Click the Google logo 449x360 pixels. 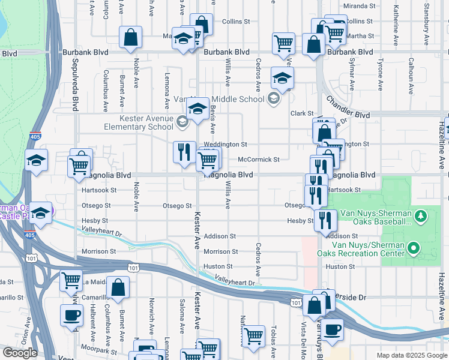(x=20, y=353)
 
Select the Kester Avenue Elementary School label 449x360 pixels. (x=139, y=123)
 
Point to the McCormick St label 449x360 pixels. (x=259, y=160)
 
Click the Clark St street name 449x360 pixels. (x=303, y=113)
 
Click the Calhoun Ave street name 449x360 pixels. (x=411, y=79)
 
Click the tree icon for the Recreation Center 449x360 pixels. (x=413, y=247)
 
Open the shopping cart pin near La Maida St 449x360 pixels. (x=71, y=280)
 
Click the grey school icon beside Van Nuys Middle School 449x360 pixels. (x=274, y=98)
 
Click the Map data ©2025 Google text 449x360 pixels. (x=411, y=355)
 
